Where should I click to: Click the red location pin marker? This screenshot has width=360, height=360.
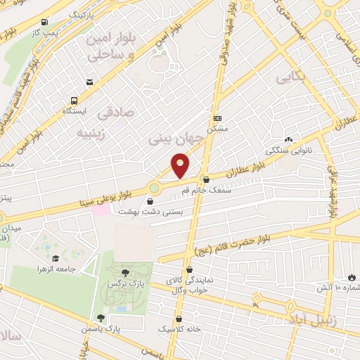tap(181, 165)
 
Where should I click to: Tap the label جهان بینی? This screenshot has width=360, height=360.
tap(176, 139)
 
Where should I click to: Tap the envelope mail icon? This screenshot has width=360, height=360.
tap(91, 83)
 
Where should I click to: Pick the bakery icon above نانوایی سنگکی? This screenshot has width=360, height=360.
tap(288, 139)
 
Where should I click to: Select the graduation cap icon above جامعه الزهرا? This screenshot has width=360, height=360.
tap(56, 257)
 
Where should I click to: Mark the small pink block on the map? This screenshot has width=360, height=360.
tap(101, 210)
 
